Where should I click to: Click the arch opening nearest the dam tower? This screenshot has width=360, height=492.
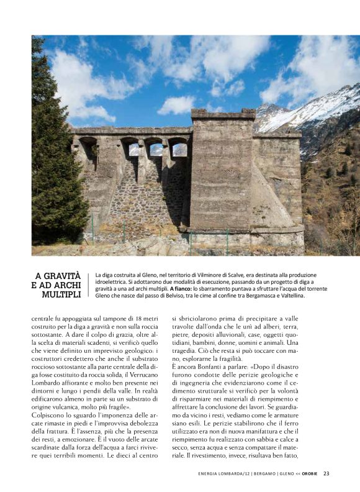click(x=179, y=149)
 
